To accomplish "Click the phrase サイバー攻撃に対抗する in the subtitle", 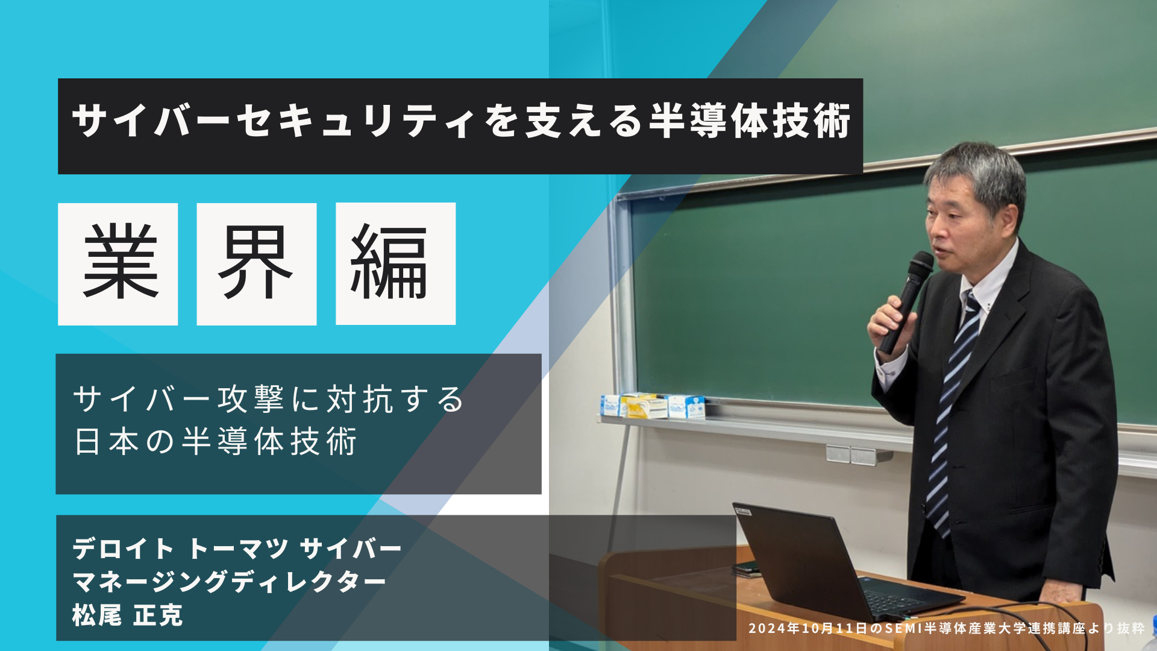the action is point(269,399).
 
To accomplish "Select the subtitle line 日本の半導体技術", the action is point(216,441).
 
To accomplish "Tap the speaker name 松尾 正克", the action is point(127,615).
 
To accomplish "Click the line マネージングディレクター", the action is point(229,582).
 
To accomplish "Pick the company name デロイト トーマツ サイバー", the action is point(237,549).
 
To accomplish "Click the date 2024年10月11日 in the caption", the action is point(808,628).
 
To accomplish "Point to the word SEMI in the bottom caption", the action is point(904,628).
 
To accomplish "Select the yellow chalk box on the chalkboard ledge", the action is point(643,405).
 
